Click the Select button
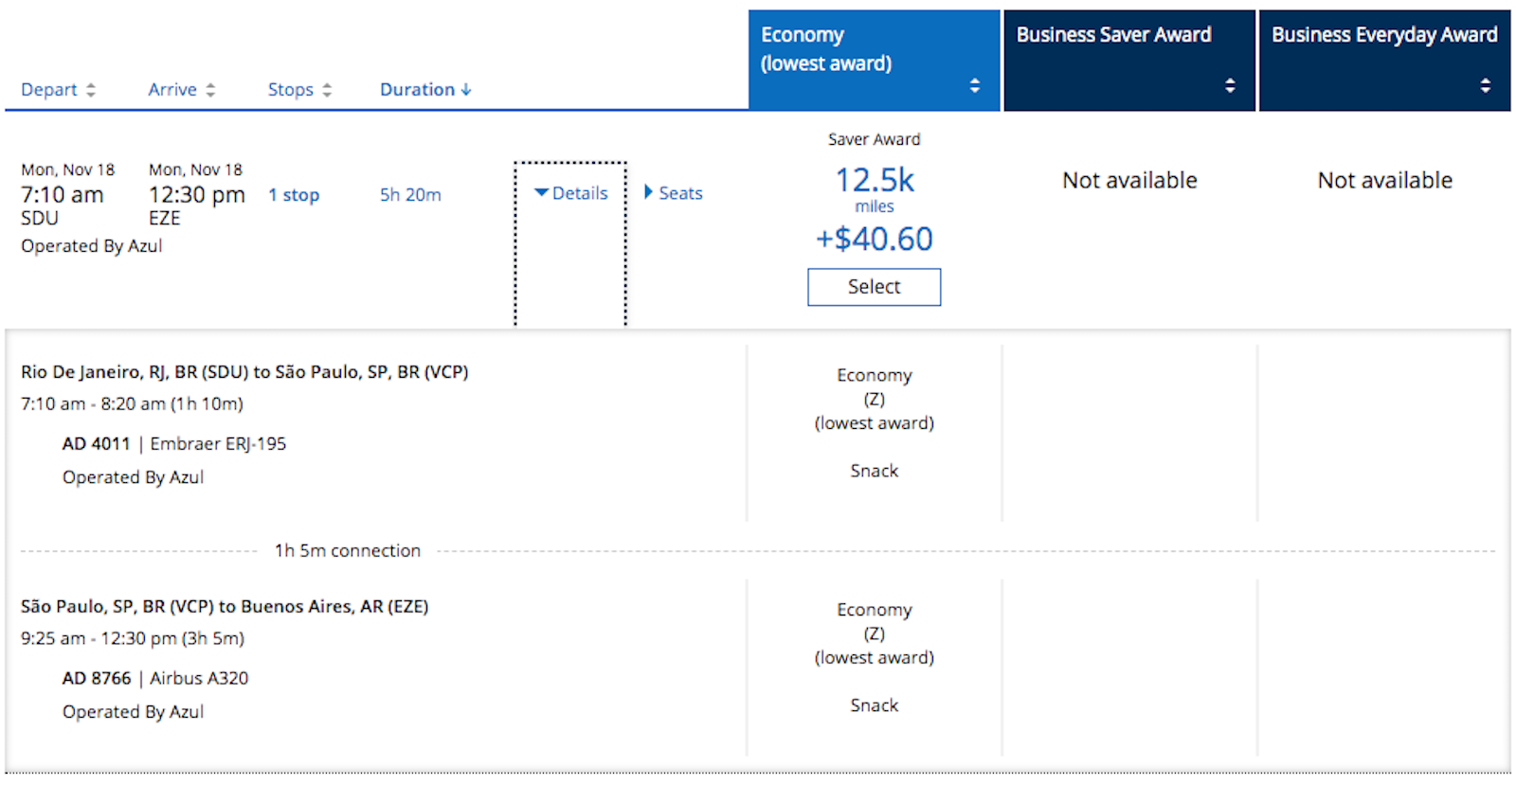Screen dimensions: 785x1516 point(874,287)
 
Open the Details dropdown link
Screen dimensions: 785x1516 point(571,193)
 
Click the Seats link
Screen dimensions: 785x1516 point(674,193)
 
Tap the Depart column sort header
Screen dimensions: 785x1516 point(58,90)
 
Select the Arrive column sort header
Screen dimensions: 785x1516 point(181,90)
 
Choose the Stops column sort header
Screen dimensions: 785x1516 point(299,90)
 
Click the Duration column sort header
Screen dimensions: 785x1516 point(425,90)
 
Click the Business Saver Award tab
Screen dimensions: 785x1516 point(1128,61)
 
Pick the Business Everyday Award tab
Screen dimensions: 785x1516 point(1384,61)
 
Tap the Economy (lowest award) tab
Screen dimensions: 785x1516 point(874,61)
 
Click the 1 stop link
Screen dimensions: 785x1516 point(294,195)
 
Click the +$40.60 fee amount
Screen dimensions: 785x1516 point(874,239)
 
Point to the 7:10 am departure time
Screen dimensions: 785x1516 point(63,195)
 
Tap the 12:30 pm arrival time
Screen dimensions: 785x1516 point(196,195)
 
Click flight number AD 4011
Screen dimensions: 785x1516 point(96,444)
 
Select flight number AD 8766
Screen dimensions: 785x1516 point(97,679)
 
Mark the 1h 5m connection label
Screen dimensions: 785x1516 point(347,551)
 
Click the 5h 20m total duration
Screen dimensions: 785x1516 point(410,195)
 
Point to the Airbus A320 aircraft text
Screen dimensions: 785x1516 point(199,679)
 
